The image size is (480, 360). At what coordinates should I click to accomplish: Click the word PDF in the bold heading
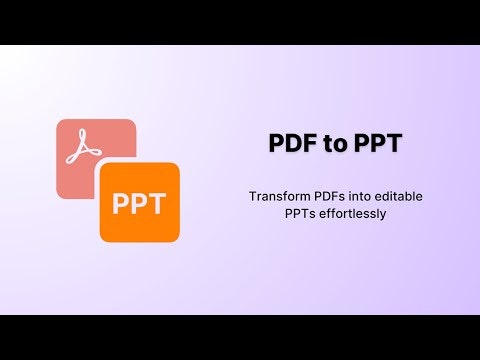coord(290,143)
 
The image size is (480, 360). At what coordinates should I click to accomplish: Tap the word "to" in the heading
coord(336,143)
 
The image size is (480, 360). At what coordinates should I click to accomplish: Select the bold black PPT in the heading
coord(379,143)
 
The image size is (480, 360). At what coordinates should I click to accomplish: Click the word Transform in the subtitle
coord(276,196)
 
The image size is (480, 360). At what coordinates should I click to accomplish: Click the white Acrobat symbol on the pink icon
coord(84,148)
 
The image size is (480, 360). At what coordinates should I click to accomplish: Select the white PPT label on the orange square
coord(139,204)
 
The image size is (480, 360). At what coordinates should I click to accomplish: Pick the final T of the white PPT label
coord(158,204)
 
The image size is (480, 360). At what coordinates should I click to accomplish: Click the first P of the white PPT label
coord(120,204)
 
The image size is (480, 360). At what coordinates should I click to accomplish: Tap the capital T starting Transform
coord(252,196)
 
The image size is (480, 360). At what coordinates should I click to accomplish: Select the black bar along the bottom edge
coord(240,337)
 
